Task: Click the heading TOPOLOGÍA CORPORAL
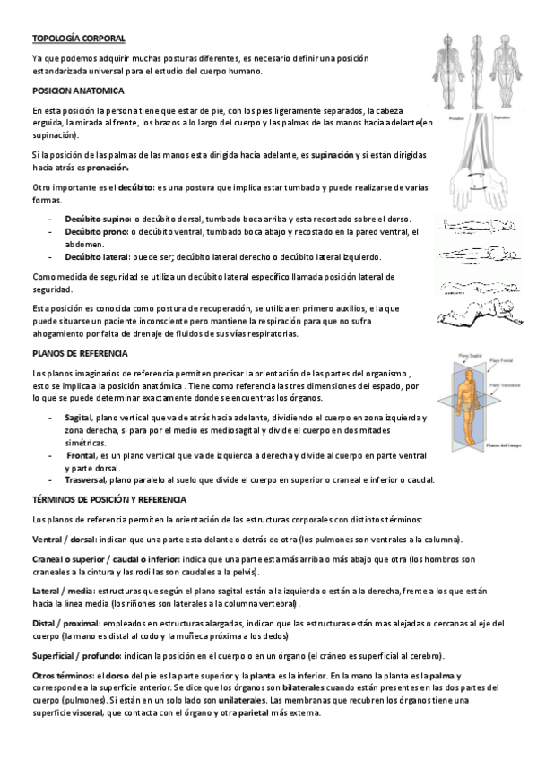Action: pos(78,39)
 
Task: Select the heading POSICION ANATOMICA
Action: pos(77,91)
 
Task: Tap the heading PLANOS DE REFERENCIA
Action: pos(79,354)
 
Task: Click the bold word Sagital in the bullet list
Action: pos(79,418)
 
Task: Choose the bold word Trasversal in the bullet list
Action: pos(87,479)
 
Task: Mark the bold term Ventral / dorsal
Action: pos(65,539)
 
